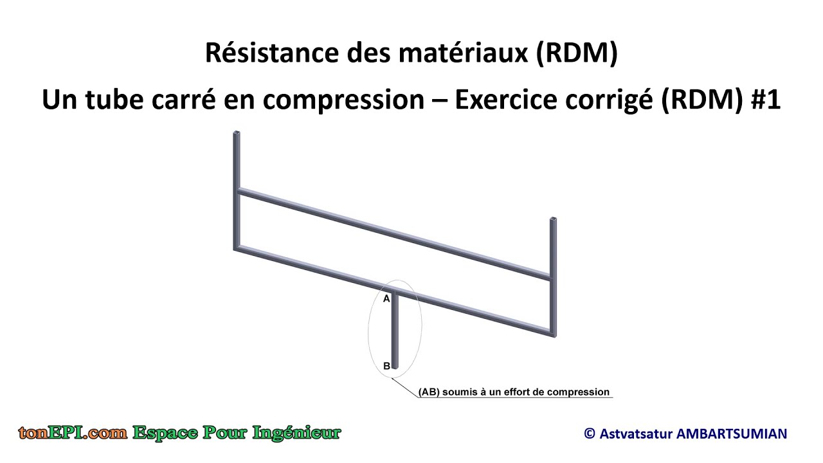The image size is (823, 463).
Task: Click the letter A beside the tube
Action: pyautogui.click(x=387, y=299)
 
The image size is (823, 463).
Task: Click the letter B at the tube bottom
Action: pyautogui.click(x=387, y=366)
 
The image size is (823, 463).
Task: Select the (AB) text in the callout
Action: pyautogui.click(x=429, y=392)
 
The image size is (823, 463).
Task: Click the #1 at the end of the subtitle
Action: pyautogui.click(x=765, y=100)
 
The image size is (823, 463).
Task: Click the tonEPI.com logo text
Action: pyautogui.click(x=73, y=433)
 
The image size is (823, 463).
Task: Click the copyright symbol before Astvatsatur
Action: pyautogui.click(x=590, y=434)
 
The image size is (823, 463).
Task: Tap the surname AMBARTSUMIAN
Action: pyautogui.click(x=732, y=434)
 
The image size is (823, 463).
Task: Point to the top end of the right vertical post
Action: pyautogui.click(x=552, y=221)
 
